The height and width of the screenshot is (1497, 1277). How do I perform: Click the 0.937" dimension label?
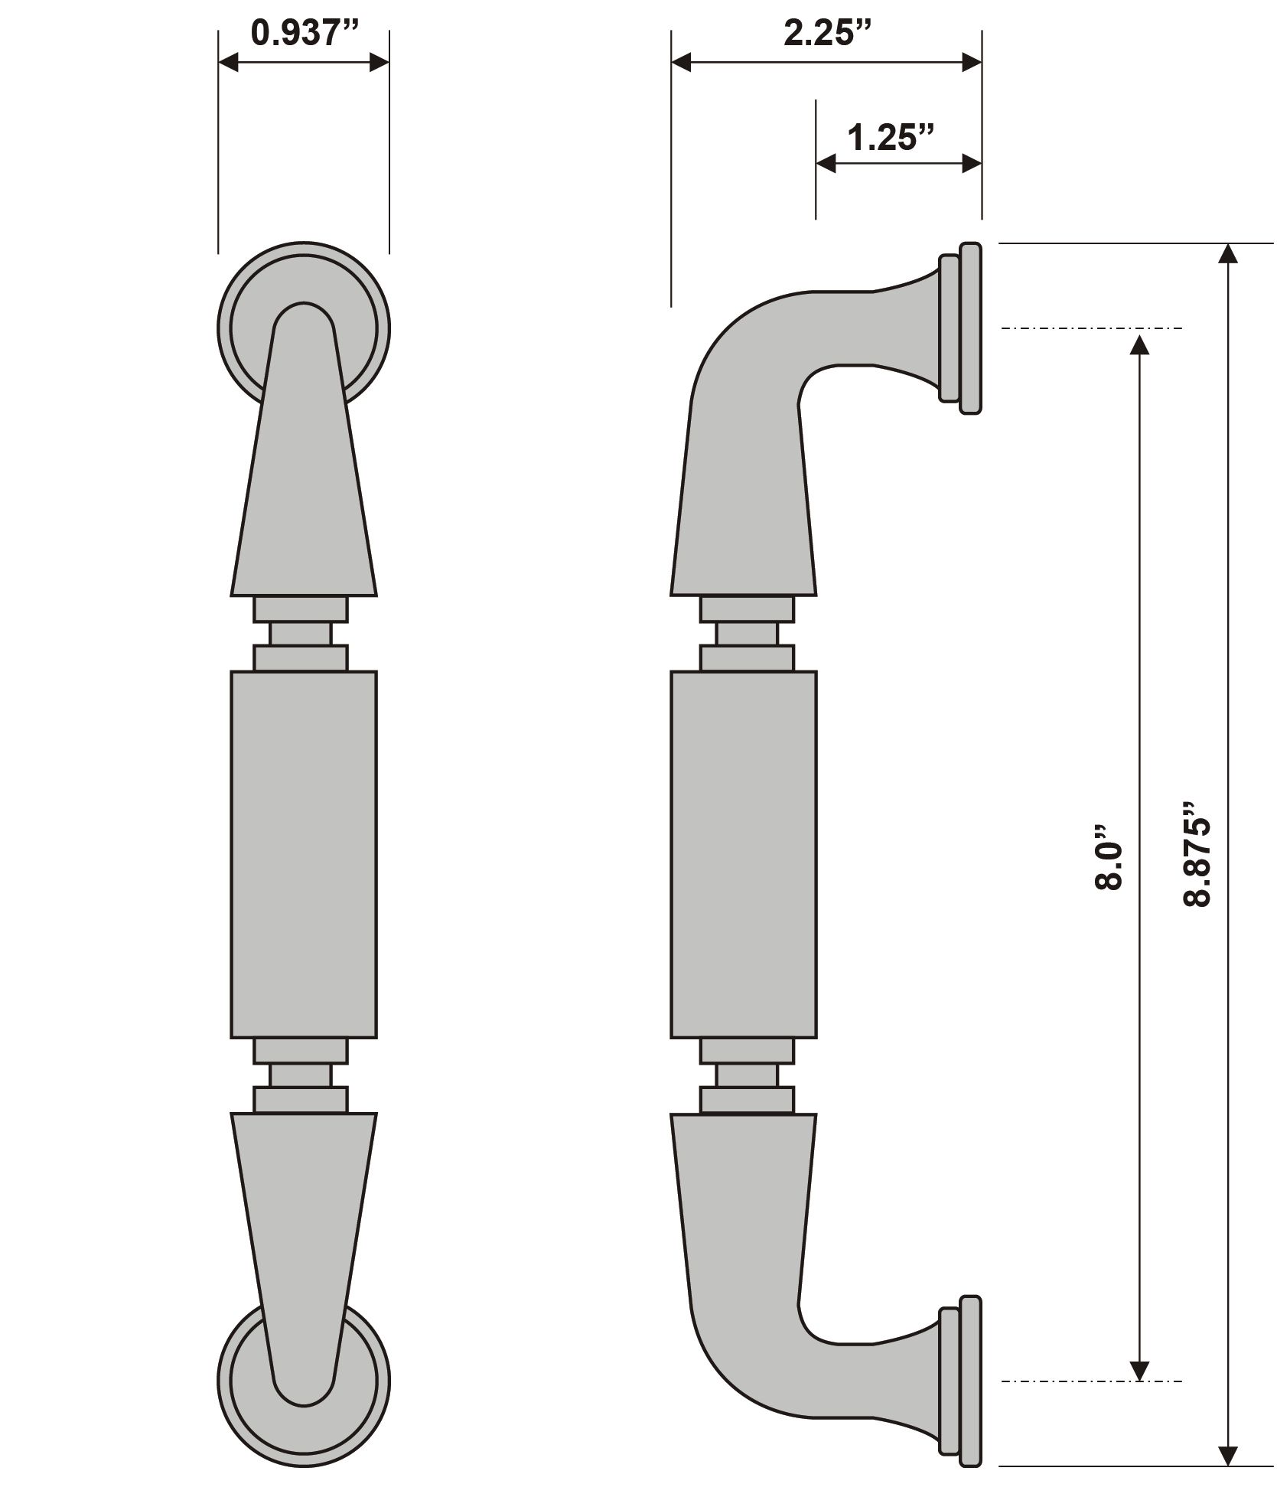(305, 33)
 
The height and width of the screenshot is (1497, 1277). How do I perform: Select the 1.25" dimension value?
(891, 138)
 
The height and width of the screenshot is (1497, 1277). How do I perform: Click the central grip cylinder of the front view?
(304, 854)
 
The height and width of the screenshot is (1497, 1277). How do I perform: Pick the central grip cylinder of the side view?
(744, 854)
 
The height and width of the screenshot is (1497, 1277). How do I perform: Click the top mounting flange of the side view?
(961, 328)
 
